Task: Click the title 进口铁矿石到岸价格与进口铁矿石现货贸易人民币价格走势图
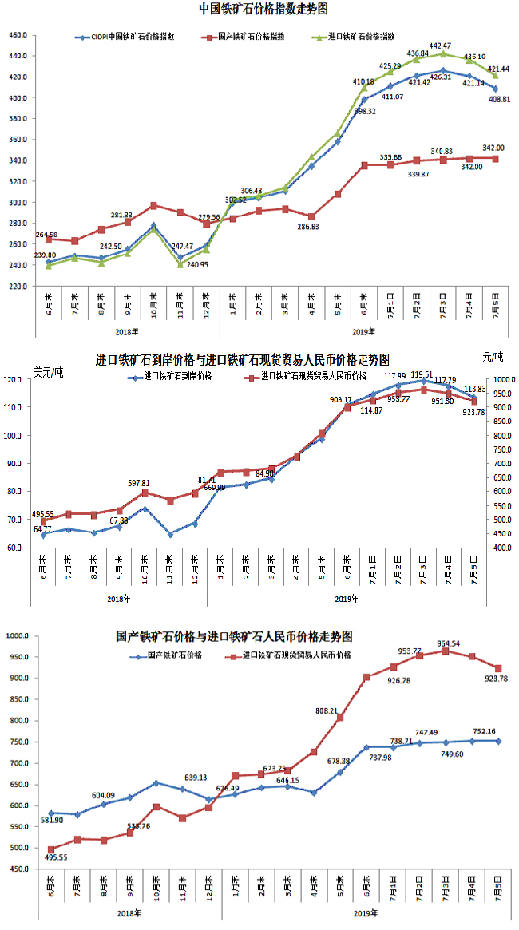(x=243, y=359)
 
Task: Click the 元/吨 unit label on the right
(x=493, y=356)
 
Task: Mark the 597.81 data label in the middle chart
(x=143, y=483)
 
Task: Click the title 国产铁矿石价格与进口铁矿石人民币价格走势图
(x=234, y=636)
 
